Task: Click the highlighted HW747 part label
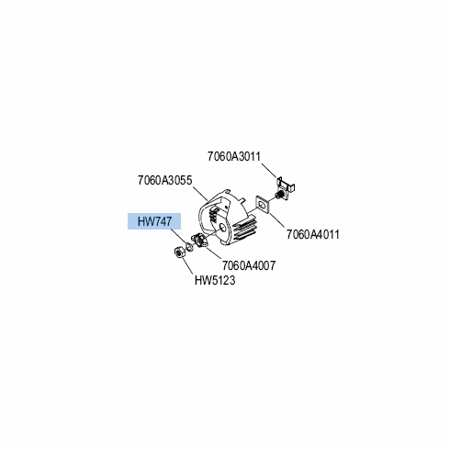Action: coord(154,221)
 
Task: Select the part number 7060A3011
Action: coord(234,156)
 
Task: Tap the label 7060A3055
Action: coord(164,180)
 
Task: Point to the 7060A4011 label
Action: coord(313,234)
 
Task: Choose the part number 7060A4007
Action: coord(249,265)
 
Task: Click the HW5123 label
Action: coord(215,280)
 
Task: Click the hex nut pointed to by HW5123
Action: coord(178,253)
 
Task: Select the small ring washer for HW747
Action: coord(189,246)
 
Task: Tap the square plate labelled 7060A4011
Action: coord(262,205)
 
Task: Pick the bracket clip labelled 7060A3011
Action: coord(286,187)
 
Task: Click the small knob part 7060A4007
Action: coord(199,241)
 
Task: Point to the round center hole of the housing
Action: coord(221,228)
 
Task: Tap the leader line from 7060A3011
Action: coord(269,171)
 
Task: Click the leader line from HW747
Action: coord(178,236)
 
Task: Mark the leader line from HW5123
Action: coord(187,266)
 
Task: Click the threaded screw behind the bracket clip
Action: coord(278,195)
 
